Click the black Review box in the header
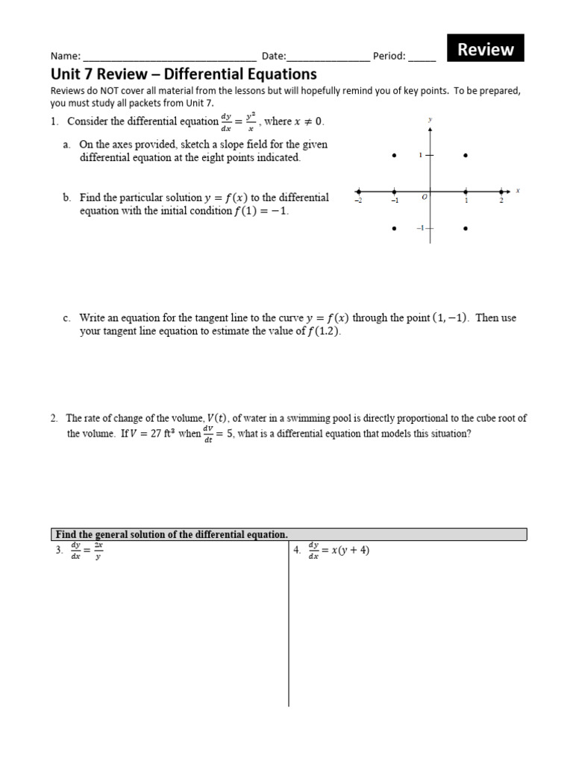486,49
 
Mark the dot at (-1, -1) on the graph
395,229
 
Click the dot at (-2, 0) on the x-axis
359,191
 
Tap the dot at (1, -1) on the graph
466,229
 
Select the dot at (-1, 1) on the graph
395,156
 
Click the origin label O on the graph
424,197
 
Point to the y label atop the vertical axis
430,119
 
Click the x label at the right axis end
517,191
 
